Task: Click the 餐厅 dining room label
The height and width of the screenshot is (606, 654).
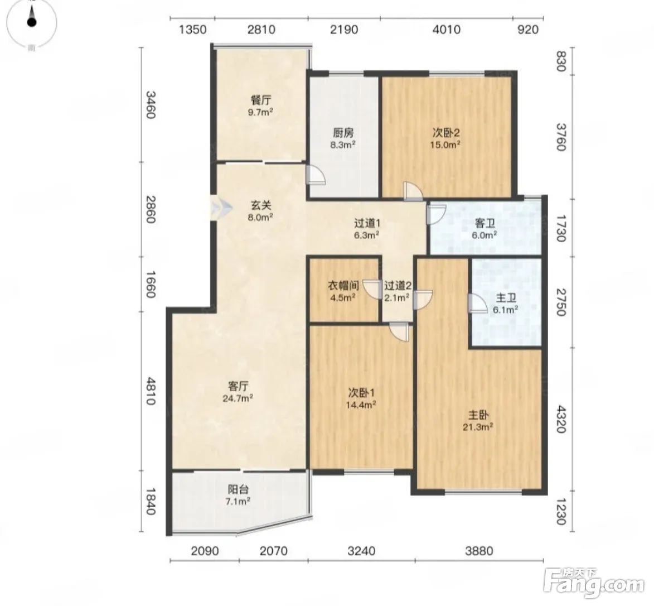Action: (x=261, y=100)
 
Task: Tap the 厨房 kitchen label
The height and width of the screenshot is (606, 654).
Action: (x=343, y=133)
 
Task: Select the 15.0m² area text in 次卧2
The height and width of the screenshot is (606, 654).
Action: (x=445, y=145)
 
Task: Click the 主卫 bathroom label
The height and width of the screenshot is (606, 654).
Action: (x=506, y=298)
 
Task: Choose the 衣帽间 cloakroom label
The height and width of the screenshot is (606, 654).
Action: (x=343, y=286)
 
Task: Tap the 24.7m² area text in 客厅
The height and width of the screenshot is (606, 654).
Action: (x=238, y=398)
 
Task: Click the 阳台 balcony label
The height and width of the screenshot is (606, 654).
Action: (x=238, y=489)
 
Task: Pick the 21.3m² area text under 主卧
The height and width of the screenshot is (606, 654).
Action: (x=478, y=426)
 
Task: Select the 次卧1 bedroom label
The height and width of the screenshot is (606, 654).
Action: (x=362, y=393)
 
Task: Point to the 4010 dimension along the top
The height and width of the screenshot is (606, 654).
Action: (x=447, y=30)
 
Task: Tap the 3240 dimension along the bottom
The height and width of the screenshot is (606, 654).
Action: (x=361, y=551)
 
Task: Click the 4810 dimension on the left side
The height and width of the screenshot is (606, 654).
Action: (x=150, y=391)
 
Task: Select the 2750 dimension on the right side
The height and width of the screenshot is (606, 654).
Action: (x=561, y=302)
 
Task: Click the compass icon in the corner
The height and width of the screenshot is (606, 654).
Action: (x=32, y=21)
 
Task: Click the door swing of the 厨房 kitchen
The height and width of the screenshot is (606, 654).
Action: (x=316, y=175)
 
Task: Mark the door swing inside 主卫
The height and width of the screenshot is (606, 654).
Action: (x=477, y=303)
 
